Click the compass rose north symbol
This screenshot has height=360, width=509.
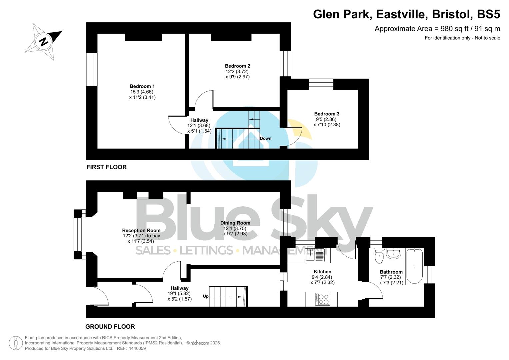(x=43, y=42)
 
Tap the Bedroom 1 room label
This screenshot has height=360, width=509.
(x=142, y=86)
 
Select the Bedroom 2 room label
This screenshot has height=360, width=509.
(x=237, y=66)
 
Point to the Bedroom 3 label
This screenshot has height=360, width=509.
(x=327, y=114)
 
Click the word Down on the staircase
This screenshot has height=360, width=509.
(x=266, y=138)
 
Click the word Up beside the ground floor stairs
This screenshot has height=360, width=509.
(x=206, y=296)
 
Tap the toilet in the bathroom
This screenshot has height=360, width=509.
(x=379, y=256)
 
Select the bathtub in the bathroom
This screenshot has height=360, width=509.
(x=414, y=266)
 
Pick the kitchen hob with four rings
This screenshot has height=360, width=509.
(x=322, y=299)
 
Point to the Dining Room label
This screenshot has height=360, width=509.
(x=235, y=223)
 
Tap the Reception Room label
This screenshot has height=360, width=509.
(x=141, y=230)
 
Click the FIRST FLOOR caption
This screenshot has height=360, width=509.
(x=106, y=167)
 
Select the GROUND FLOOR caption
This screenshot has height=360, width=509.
(x=110, y=327)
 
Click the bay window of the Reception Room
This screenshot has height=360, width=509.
(x=77, y=234)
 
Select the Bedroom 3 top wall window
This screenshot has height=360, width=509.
(x=321, y=84)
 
